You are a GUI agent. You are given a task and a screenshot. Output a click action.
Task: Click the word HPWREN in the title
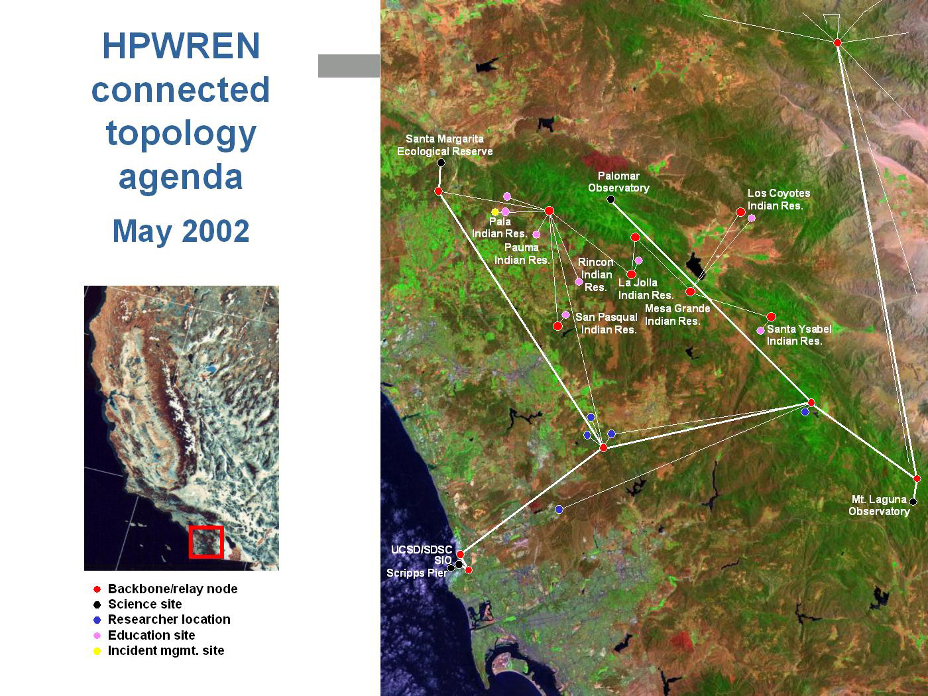(x=181, y=46)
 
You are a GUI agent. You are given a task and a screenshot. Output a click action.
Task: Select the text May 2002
(x=181, y=231)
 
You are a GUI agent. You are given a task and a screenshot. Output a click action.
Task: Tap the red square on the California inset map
(x=206, y=542)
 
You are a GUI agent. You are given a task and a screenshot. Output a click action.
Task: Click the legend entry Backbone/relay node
(x=165, y=589)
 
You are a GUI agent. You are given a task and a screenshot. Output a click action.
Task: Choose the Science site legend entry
(x=137, y=604)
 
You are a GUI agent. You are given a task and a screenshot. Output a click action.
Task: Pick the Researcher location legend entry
(x=162, y=620)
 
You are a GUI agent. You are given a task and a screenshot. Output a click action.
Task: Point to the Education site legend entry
(x=144, y=635)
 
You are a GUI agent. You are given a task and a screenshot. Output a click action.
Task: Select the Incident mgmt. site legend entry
(x=158, y=651)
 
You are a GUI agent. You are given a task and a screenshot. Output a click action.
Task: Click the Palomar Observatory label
(x=618, y=182)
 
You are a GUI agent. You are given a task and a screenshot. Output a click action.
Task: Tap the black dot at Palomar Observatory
(x=610, y=199)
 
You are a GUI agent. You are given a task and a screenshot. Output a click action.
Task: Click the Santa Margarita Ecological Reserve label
(x=445, y=145)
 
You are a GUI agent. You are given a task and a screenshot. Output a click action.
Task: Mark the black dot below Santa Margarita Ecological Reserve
(x=441, y=162)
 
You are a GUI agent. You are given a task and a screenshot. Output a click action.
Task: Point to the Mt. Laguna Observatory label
(x=880, y=505)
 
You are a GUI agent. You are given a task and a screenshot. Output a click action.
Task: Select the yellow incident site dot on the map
(x=495, y=211)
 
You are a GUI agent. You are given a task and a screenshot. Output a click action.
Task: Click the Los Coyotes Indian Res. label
(x=779, y=200)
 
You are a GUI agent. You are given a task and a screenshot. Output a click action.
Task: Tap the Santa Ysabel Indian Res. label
(x=799, y=335)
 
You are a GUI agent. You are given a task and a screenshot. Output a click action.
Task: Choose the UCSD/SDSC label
(x=422, y=550)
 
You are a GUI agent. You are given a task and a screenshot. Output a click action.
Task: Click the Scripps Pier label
(x=417, y=573)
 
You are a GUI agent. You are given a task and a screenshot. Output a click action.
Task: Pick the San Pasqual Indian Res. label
(x=607, y=323)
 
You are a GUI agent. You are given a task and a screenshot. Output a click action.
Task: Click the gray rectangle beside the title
(x=349, y=66)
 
